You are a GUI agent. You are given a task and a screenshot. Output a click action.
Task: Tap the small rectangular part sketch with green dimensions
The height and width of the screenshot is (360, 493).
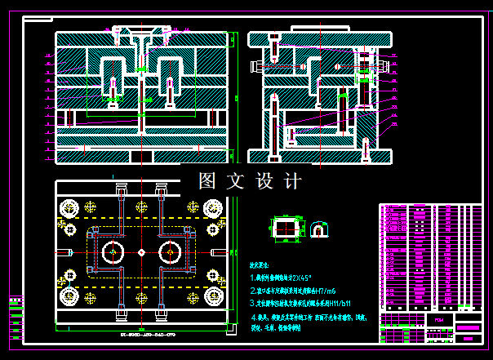[283, 228]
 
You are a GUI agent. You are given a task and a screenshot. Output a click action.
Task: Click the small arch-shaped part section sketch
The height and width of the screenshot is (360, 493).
[320, 228]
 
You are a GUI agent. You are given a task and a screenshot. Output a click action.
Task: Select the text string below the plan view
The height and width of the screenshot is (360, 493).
[141, 335]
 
